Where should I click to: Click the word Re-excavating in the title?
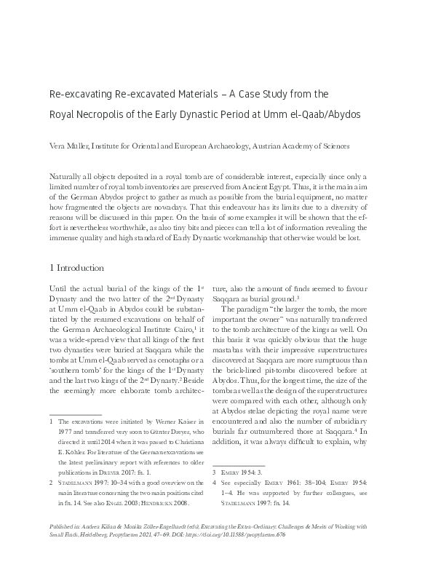(x=76, y=94)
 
